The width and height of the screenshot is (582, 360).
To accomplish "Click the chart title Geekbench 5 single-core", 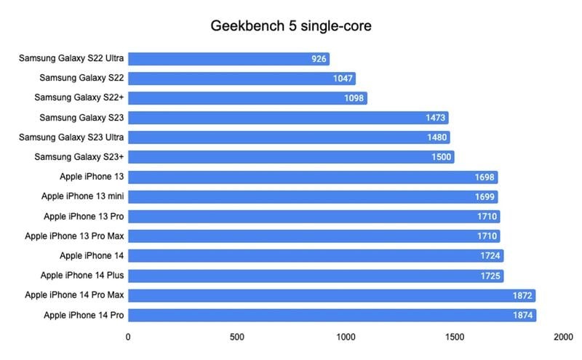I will [x=291, y=26].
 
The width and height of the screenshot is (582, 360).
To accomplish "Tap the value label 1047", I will [x=341, y=79].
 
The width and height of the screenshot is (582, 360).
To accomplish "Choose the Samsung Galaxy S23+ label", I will [x=79, y=157].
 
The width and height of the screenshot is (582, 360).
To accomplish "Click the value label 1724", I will [x=490, y=256].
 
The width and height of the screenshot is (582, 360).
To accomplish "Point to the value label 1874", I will [x=522, y=315].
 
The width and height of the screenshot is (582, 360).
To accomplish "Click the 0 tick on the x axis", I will [x=129, y=337].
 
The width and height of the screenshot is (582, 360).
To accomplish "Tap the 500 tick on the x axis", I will [x=236, y=337].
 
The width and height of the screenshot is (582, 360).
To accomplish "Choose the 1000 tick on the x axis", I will [x=346, y=337].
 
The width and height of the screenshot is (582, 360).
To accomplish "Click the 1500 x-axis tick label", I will [x=454, y=337].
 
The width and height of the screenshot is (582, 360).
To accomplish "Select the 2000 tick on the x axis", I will [x=562, y=337].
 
